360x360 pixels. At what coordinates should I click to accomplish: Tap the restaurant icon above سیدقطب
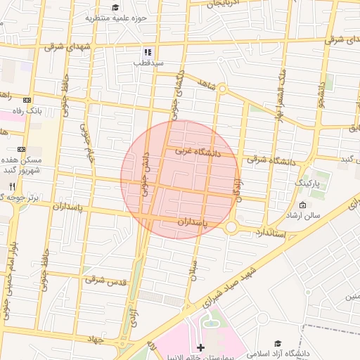pyautogui.click(x=148, y=52)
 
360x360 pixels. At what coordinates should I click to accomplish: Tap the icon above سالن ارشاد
pyautogui.click(x=302, y=205)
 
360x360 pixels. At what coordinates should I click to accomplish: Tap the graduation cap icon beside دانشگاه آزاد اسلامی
pyautogui.click(x=278, y=342)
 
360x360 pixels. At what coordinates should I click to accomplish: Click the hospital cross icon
pyautogui.click(x=201, y=347)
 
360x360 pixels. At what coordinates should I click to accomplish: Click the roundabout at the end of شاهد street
pyautogui.click(x=221, y=89)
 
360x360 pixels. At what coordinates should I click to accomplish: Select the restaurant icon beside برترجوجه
pyautogui.click(x=12, y=186)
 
